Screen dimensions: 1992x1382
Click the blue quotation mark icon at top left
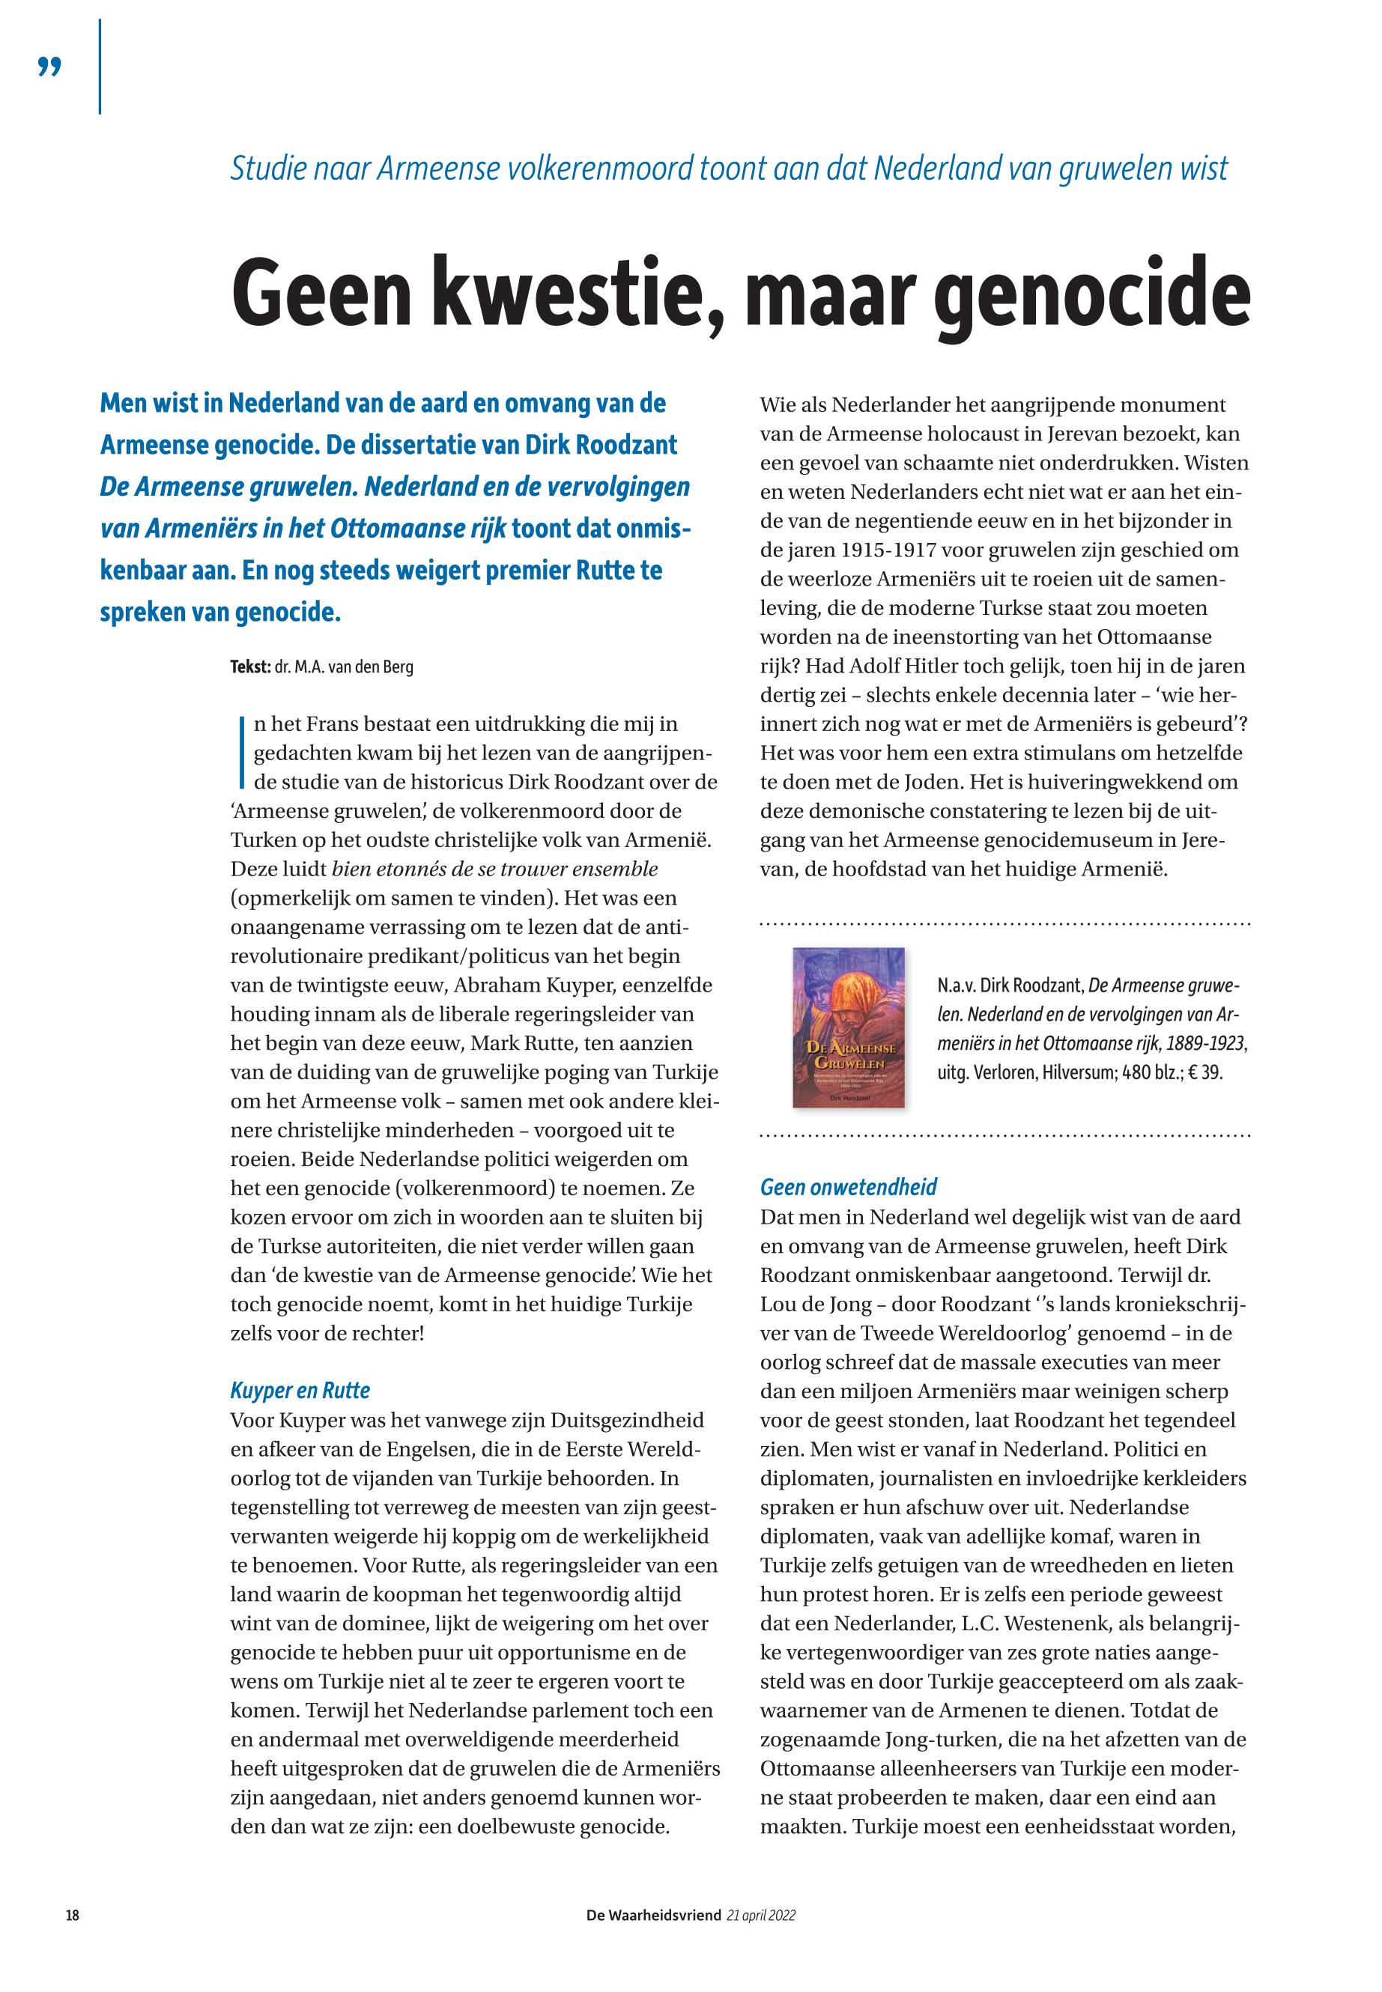[50, 67]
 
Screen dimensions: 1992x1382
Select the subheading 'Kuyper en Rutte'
[300, 1391]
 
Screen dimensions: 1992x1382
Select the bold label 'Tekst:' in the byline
[251, 668]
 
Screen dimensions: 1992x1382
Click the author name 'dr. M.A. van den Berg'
[344, 668]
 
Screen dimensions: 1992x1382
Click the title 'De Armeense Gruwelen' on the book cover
[849, 1054]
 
